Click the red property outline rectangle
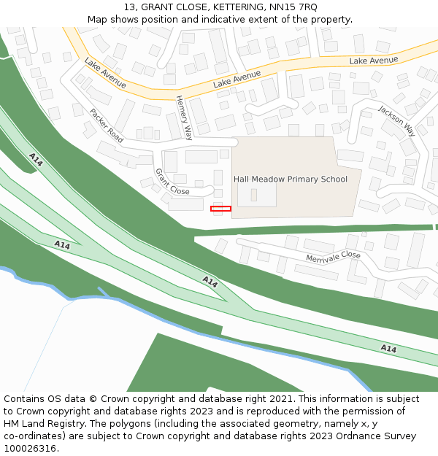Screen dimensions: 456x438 (220, 209)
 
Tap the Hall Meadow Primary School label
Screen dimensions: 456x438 (291, 179)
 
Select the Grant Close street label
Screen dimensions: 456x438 (172, 182)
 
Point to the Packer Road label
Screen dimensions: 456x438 (107, 124)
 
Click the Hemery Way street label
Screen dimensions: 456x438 (183, 117)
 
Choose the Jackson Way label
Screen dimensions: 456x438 (396, 120)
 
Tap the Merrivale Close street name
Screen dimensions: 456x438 (333, 256)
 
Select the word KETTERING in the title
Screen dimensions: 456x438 (231, 7)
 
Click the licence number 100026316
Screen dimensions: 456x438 (31, 449)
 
